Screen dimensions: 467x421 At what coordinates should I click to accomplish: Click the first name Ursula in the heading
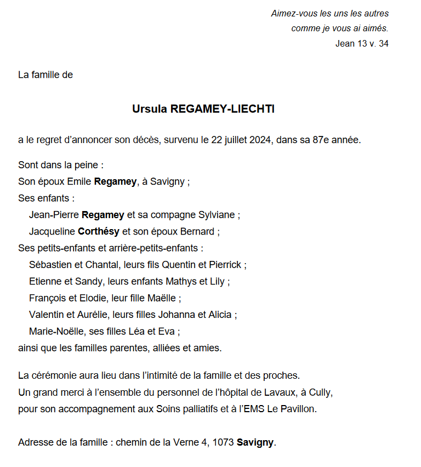click(150, 109)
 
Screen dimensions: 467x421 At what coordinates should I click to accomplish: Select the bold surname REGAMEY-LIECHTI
click(223, 109)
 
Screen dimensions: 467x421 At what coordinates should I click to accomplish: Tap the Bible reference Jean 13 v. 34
click(362, 44)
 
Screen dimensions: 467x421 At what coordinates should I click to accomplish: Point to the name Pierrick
click(225, 265)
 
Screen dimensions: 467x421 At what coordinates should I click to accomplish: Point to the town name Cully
click(321, 392)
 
